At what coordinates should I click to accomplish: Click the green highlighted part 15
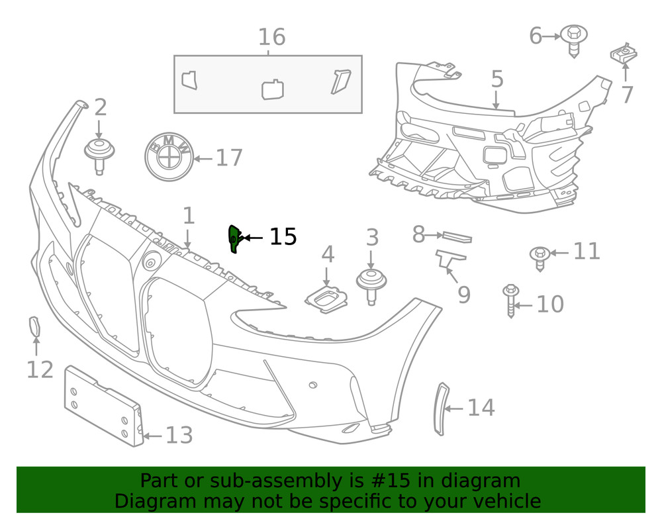(x=233, y=238)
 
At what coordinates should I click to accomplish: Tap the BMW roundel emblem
(x=168, y=158)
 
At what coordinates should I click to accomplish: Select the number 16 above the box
(x=271, y=37)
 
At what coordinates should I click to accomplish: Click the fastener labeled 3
(x=371, y=285)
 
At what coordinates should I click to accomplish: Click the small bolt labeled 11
(x=540, y=257)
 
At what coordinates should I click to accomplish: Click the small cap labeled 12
(x=34, y=327)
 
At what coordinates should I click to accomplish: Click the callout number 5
(x=497, y=79)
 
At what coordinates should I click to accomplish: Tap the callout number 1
(x=189, y=216)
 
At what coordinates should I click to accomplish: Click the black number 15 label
(x=283, y=236)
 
